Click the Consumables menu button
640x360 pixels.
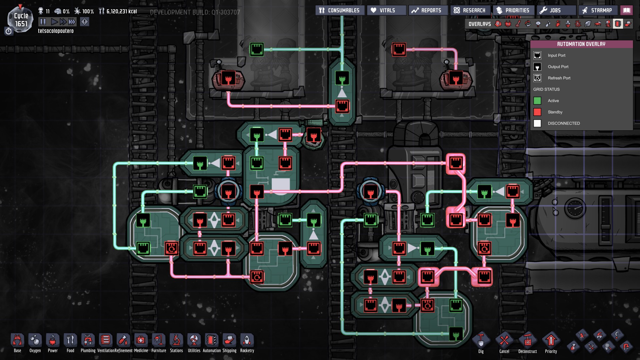click(340, 10)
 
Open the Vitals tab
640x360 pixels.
click(387, 10)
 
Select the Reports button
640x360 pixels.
click(426, 10)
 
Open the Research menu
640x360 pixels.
click(470, 10)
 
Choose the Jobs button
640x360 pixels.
click(556, 10)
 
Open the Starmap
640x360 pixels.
click(598, 10)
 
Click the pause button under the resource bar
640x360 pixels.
click(43, 22)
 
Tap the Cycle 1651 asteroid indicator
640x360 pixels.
click(21, 20)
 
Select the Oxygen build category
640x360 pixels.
click(35, 343)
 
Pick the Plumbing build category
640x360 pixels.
click(88, 343)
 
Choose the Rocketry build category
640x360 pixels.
click(247, 343)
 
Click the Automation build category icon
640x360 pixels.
click(212, 343)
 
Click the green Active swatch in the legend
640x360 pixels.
click(537, 101)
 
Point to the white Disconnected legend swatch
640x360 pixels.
click(537, 123)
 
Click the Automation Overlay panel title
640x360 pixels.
click(581, 44)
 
